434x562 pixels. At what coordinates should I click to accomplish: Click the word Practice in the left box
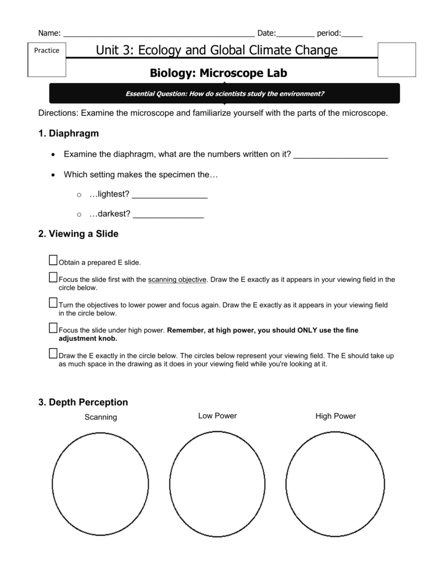[47, 50]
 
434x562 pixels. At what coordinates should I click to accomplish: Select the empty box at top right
[397, 59]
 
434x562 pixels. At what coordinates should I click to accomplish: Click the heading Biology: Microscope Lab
[218, 72]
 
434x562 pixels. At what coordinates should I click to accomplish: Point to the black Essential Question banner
[224, 93]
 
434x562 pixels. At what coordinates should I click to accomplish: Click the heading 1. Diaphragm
[68, 133]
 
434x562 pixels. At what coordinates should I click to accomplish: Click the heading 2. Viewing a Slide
[78, 234]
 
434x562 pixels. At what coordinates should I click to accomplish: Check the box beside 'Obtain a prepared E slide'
[53, 260]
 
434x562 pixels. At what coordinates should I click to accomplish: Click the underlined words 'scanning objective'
[177, 279]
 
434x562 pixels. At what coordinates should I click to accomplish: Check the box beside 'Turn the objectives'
[53, 302]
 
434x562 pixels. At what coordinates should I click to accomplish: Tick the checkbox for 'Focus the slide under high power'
[53, 328]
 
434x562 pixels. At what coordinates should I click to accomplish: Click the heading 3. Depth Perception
[83, 402]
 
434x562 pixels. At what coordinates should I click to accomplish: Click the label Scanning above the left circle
[100, 417]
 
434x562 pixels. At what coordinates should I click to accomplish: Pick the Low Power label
[217, 416]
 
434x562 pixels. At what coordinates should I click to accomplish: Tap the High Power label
[335, 416]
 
